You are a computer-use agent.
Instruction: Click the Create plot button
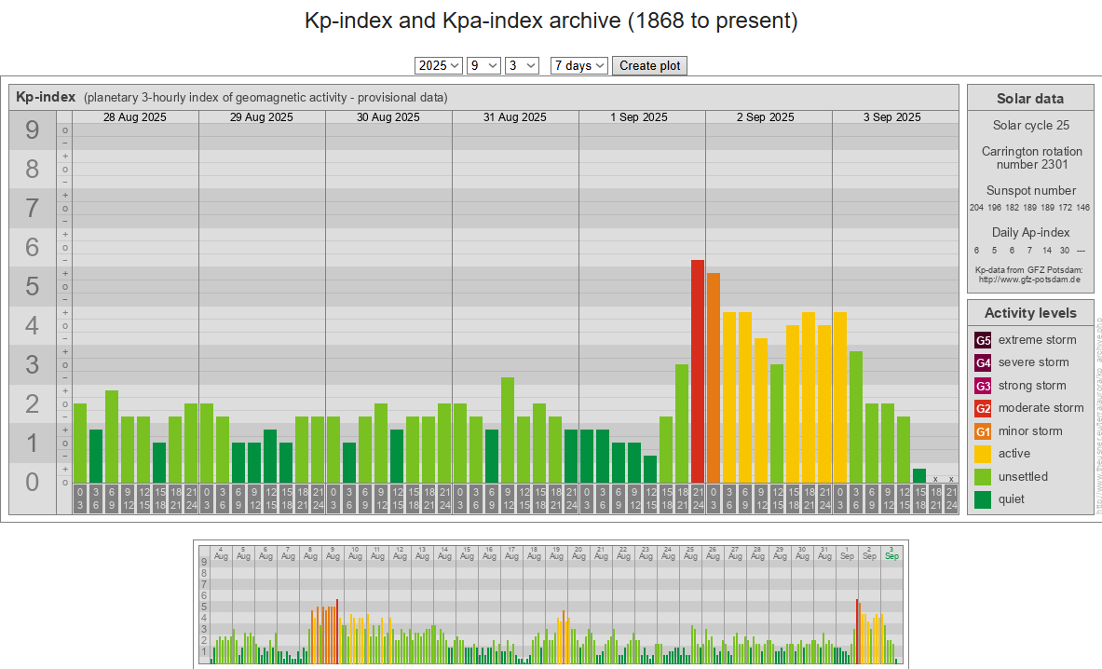(649, 65)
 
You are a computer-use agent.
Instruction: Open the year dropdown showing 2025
(439, 65)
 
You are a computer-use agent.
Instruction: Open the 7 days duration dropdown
(578, 65)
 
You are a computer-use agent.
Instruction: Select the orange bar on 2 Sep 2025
(714, 377)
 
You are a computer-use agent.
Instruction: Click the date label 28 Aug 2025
(135, 117)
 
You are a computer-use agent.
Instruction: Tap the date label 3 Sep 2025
(891, 117)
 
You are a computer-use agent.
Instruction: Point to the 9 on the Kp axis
(33, 130)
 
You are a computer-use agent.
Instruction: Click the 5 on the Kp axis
(33, 286)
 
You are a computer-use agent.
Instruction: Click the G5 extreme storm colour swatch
(983, 340)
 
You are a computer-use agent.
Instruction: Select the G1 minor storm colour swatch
(983, 431)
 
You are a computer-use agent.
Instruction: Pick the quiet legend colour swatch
(983, 499)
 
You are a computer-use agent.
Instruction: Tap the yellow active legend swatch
(983, 454)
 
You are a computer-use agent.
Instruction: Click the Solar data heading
(1029, 99)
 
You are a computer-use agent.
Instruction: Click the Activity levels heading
(1029, 313)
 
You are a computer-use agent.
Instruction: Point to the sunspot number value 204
(976, 208)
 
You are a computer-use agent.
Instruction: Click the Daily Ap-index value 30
(1065, 251)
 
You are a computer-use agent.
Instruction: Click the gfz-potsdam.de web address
(1029, 280)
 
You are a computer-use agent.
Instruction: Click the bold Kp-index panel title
(46, 97)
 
